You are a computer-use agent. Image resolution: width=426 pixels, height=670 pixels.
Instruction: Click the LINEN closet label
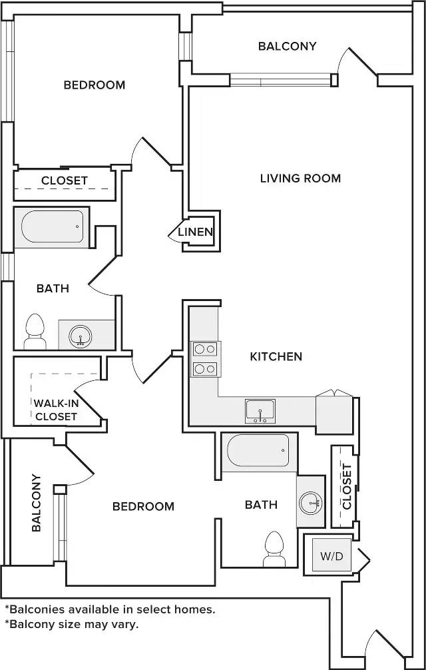click(195, 232)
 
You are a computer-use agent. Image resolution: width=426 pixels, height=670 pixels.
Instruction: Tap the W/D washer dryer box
click(331, 555)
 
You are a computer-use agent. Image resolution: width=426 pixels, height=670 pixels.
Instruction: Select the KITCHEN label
click(276, 356)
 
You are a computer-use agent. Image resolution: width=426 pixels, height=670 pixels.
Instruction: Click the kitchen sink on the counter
click(260, 412)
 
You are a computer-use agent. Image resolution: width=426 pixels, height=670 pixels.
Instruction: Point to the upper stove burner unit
click(206, 349)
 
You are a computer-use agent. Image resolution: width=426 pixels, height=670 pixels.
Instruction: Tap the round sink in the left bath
click(81, 336)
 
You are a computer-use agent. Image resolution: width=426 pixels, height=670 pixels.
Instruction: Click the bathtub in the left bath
click(53, 227)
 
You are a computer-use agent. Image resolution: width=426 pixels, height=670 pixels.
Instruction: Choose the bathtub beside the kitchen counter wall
click(258, 452)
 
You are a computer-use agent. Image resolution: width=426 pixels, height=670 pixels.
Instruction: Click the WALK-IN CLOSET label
click(56, 410)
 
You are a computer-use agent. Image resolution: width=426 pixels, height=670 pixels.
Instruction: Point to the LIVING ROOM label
click(300, 178)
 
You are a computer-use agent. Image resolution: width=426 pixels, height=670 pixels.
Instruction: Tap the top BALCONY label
click(288, 46)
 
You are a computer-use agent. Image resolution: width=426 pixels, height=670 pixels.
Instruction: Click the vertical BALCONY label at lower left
click(37, 503)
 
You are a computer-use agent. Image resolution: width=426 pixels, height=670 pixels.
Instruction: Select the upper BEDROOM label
click(95, 85)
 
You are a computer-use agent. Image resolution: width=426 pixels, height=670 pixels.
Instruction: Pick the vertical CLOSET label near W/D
click(347, 487)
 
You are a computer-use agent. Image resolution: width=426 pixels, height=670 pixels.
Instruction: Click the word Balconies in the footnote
click(36, 609)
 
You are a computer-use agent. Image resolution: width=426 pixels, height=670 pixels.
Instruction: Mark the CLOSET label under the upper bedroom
click(65, 180)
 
